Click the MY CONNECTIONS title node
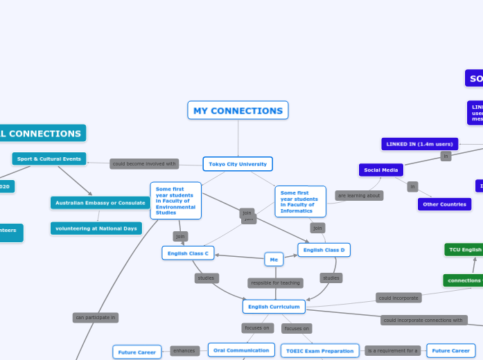tap(238, 110)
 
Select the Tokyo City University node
tap(238, 164)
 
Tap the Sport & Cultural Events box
tap(49, 159)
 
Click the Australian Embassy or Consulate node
tap(100, 203)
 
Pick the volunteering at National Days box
tap(96, 228)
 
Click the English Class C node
tap(188, 253)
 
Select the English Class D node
tap(324, 249)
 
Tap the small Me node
tap(274, 260)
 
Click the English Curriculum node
tap(274, 306)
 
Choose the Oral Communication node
tap(241, 350)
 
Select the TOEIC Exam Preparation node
tap(320, 351)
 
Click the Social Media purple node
tap(380, 170)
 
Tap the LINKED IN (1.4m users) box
tap(419, 144)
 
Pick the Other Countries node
tap(445, 204)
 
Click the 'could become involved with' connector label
tap(145, 164)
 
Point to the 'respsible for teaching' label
tap(275, 282)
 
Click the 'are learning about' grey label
tap(359, 195)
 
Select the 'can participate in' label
tap(96, 317)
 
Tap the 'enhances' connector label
tap(184, 351)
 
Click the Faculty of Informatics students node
tap(300, 201)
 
